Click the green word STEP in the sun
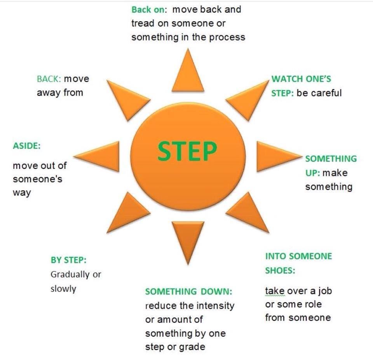coord(187,151)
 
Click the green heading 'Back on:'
coord(149,9)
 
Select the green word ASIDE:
coord(27,145)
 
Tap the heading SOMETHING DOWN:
coord(189,291)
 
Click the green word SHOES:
coord(280,271)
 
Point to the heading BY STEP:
coord(68,260)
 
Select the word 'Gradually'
coord(70,274)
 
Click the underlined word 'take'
coord(275,291)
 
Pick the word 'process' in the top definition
coord(227,38)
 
